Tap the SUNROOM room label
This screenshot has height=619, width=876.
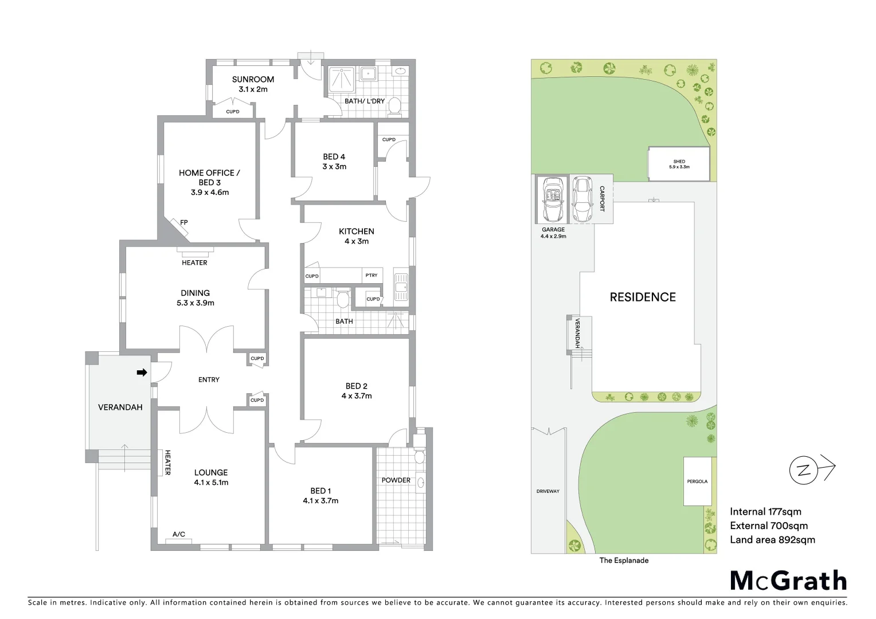click(x=253, y=80)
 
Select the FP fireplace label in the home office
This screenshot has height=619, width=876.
click(x=184, y=222)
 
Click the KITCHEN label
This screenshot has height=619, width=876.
click(x=356, y=232)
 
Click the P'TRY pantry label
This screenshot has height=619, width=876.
click(x=371, y=276)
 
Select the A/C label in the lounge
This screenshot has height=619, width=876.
click(x=179, y=534)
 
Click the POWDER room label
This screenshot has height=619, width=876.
click(x=396, y=480)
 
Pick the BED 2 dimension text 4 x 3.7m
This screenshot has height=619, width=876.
click(x=356, y=396)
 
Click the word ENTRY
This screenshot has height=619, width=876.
click(x=209, y=379)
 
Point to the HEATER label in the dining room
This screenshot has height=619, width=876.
click(x=194, y=263)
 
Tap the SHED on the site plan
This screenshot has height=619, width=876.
click(x=679, y=164)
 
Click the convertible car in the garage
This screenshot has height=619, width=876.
click(x=553, y=199)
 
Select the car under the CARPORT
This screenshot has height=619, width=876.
click(x=582, y=199)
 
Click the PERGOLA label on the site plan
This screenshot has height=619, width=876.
click(x=697, y=481)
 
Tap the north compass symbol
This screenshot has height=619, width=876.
click(x=804, y=471)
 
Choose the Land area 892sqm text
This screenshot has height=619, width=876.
click(x=772, y=540)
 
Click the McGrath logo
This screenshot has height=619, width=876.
click(x=788, y=581)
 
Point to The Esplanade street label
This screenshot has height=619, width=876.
click(x=624, y=561)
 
